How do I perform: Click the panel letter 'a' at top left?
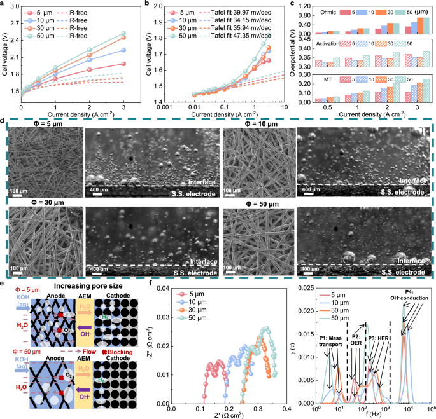tap(4, 4)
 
